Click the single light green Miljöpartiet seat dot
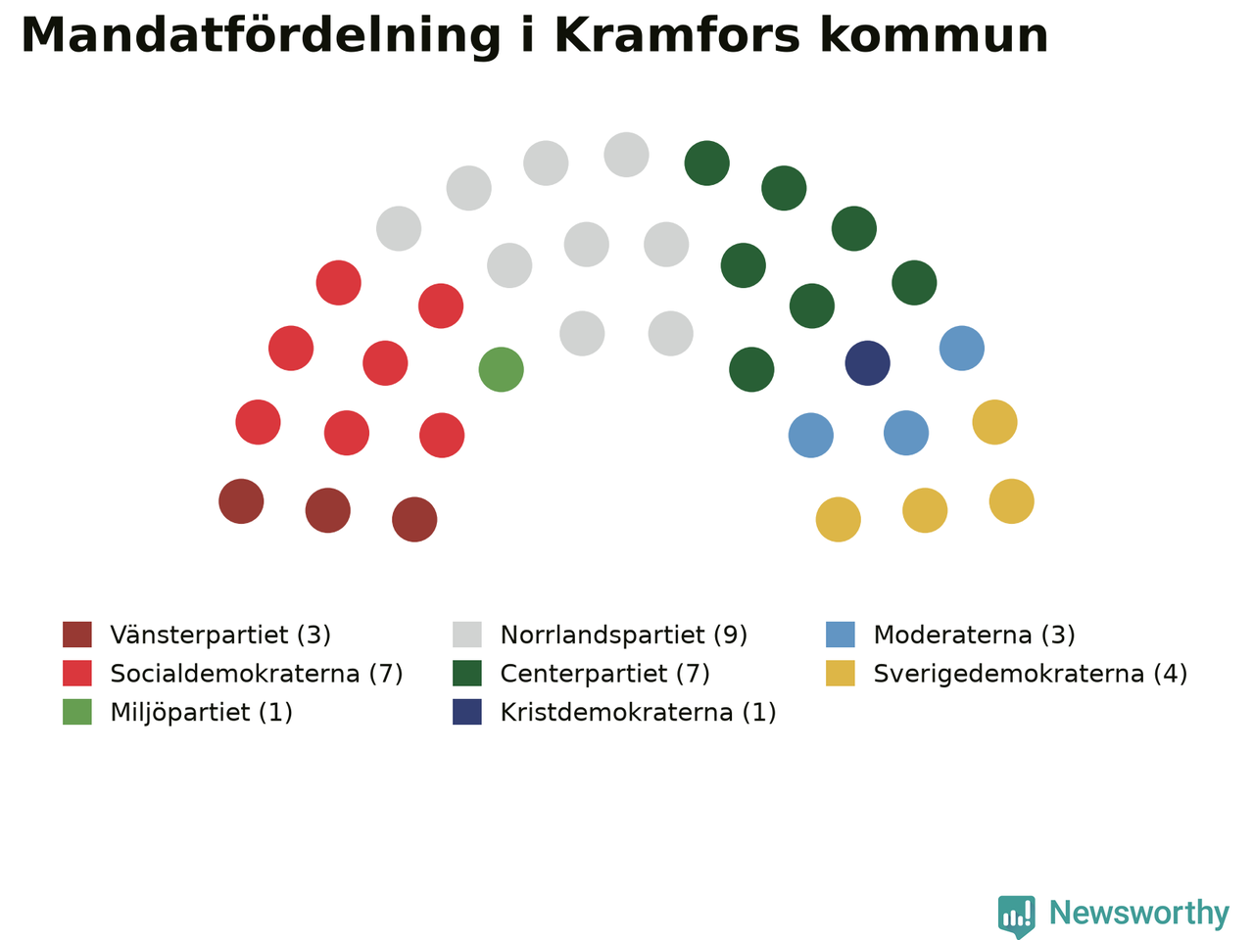[x=501, y=369]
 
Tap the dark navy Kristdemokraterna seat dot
[x=867, y=363]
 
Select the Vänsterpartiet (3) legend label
[x=220, y=634]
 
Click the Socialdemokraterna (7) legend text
[x=257, y=674]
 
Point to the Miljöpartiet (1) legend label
[x=201, y=712]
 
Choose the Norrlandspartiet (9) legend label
[x=624, y=634]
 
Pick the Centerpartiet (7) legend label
[x=605, y=674]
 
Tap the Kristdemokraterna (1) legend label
[x=638, y=712]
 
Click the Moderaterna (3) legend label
[x=974, y=634]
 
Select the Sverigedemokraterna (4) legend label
[x=1030, y=674]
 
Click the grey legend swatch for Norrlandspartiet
[x=466, y=634]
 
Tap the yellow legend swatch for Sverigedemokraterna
[x=841, y=674]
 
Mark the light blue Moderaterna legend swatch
[x=841, y=634]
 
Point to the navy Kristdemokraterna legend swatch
[x=466, y=712]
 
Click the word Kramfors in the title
[x=677, y=35]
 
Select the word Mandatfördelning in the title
[x=261, y=36]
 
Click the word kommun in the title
[x=934, y=35]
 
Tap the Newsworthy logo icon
[x=1016, y=916]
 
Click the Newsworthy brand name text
[x=1139, y=914]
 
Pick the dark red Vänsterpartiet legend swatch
[x=77, y=634]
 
